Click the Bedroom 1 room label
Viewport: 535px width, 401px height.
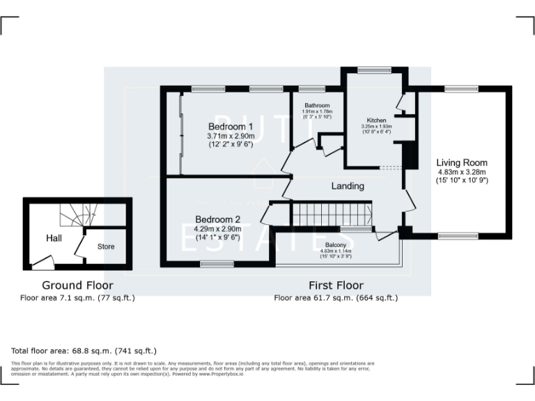click(231, 126)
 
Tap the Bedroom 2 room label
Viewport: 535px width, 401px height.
click(218, 218)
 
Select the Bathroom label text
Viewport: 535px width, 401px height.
click(317, 105)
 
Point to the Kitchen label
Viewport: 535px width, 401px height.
click(376, 120)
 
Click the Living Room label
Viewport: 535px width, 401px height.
click(462, 163)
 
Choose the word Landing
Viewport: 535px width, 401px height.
click(347, 186)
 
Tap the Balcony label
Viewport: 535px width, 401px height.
click(337, 246)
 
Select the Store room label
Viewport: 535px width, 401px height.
click(105, 246)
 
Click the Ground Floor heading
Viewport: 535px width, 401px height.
click(77, 285)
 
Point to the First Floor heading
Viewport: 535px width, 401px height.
click(336, 285)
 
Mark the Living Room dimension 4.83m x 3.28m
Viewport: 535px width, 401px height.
click(462, 172)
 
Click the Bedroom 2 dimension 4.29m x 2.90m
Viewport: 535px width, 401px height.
click(218, 228)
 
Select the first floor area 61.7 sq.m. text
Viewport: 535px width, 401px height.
click(336, 297)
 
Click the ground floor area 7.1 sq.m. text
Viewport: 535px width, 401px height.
click(77, 297)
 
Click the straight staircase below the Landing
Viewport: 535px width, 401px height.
click(332, 214)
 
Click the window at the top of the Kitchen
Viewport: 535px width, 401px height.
click(375, 69)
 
